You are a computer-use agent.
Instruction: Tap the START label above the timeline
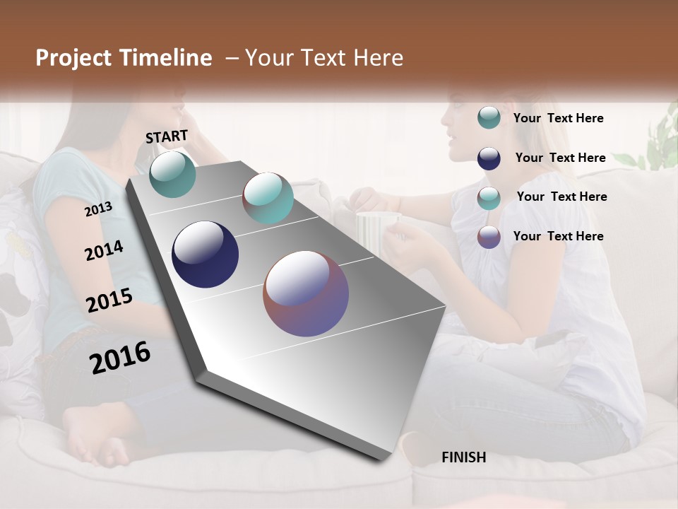pyautogui.click(x=167, y=136)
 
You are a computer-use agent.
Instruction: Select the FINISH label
pyautogui.click(x=463, y=457)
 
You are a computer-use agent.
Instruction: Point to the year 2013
pyautogui.click(x=98, y=209)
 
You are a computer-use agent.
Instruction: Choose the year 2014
pyautogui.click(x=104, y=250)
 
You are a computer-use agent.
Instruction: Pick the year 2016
pyautogui.click(x=120, y=358)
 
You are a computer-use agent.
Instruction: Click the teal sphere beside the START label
pyautogui.click(x=173, y=174)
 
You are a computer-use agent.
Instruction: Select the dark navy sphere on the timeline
pyautogui.click(x=205, y=255)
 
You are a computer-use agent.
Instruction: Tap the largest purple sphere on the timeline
pyautogui.click(x=306, y=293)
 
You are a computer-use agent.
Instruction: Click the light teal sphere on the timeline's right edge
pyautogui.click(x=268, y=198)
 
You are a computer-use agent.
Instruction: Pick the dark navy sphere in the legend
pyautogui.click(x=489, y=158)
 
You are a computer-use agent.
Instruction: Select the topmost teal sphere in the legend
pyautogui.click(x=489, y=117)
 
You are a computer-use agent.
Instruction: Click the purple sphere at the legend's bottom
pyautogui.click(x=489, y=237)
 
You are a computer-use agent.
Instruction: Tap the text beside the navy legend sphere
pyautogui.click(x=560, y=158)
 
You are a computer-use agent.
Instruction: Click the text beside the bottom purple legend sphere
pyautogui.click(x=558, y=236)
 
